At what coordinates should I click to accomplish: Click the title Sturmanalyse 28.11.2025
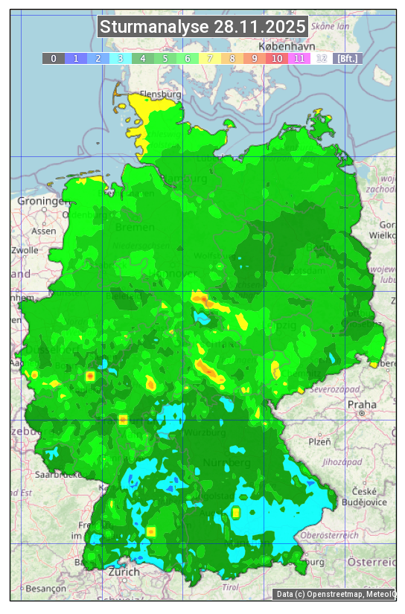click(x=202, y=27)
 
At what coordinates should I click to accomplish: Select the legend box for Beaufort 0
click(x=54, y=58)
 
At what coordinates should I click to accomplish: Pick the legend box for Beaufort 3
click(x=121, y=58)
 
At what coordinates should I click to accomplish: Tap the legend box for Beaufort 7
click(x=210, y=58)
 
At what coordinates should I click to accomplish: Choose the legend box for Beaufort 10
click(x=277, y=58)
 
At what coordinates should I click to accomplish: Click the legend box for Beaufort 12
click(x=322, y=58)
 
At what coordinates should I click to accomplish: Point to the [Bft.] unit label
click(x=347, y=58)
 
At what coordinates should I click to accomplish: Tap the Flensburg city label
click(x=161, y=95)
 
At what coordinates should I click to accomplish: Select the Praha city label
click(x=362, y=406)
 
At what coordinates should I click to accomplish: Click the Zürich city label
click(x=124, y=572)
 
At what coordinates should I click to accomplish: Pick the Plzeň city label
click(x=319, y=441)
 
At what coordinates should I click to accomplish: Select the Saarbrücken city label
click(x=58, y=473)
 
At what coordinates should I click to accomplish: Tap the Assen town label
click(x=44, y=231)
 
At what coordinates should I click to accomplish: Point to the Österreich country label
click(x=372, y=560)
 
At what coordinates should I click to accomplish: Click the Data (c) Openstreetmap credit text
click(x=335, y=594)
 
